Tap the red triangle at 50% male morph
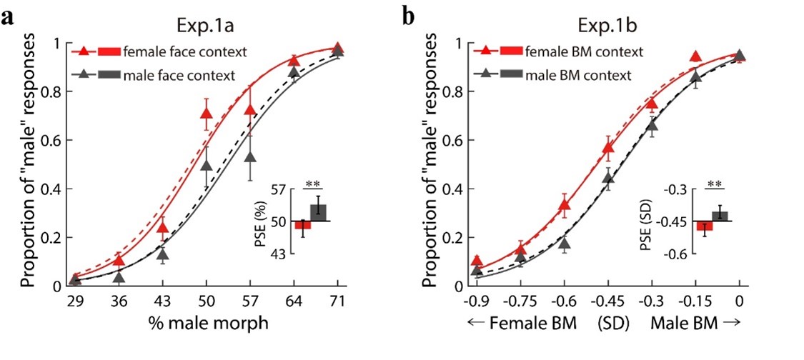point(207,114)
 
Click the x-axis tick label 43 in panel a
point(163,301)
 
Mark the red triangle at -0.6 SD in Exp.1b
point(564,206)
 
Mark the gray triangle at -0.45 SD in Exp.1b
point(608,177)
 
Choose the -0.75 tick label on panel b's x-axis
point(520,301)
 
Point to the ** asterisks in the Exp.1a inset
point(312,186)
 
